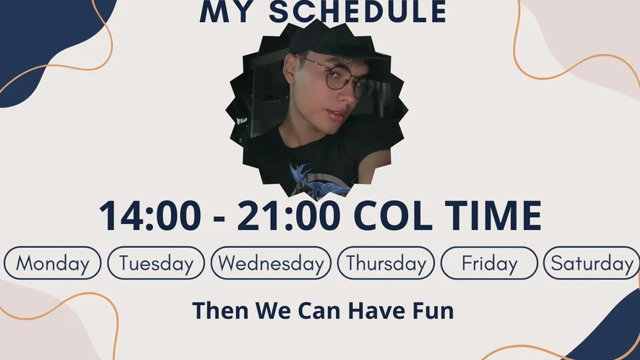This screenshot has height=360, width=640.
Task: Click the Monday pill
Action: (x=52, y=263)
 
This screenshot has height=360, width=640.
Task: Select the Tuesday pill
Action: (x=156, y=263)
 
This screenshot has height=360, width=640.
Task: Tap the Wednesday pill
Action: (x=271, y=263)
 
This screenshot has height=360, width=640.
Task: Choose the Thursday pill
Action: (x=386, y=263)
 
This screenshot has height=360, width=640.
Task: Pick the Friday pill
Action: (x=489, y=263)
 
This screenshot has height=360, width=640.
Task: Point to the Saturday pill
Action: (x=592, y=263)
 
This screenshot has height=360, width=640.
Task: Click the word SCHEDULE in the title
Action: (x=358, y=12)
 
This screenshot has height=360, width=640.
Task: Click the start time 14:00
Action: (x=150, y=215)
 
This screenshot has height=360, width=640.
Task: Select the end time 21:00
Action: (x=289, y=215)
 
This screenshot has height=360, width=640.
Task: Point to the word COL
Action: (x=393, y=215)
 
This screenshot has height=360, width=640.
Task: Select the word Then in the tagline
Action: (x=220, y=311)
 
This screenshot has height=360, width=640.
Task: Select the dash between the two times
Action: (x=219, y=218)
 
